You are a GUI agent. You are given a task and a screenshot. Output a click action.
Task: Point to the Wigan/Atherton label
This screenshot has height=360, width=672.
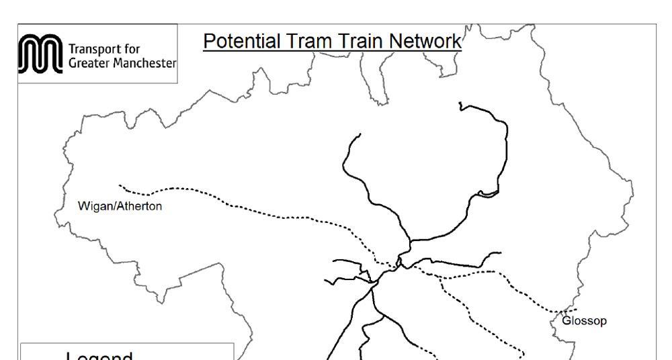(120, 206)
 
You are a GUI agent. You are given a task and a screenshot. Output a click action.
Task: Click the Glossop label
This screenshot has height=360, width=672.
(584, 321)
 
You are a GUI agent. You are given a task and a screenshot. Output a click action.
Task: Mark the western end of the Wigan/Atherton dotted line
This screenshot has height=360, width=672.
(120, 185)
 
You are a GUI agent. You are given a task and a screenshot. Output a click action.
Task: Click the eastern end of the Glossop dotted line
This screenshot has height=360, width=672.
(576, 310)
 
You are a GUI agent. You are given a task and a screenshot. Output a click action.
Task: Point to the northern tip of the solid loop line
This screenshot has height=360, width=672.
(460, 104)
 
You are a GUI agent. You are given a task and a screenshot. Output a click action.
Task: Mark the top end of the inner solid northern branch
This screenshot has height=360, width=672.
(360, 134)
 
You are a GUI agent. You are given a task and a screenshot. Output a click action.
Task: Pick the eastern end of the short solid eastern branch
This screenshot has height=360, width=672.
(501, 253)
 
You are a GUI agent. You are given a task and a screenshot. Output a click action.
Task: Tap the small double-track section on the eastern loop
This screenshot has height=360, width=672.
(489, 194)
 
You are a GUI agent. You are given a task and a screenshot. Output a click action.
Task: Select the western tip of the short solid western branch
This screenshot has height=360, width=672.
(325, 281)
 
